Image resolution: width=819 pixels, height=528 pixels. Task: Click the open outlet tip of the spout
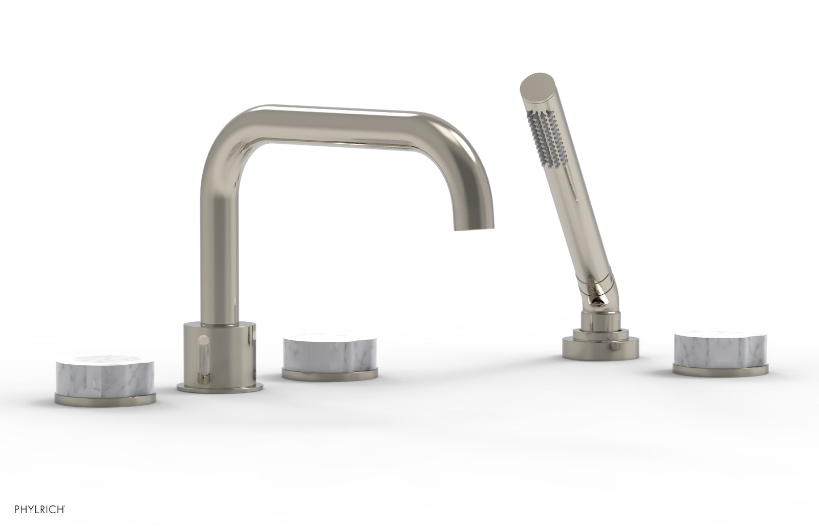click(x=469, y=228)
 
